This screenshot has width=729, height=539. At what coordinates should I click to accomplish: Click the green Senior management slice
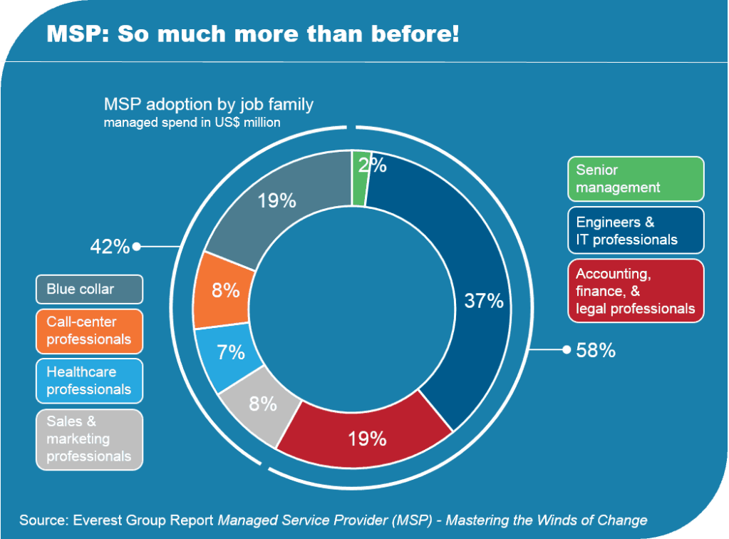361,178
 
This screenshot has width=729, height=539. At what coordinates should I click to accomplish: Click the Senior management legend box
636,179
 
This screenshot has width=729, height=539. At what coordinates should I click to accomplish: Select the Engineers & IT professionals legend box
636,230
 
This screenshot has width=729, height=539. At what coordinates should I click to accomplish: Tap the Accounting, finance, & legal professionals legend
636,291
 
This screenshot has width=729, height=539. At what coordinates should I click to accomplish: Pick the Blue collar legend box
90,289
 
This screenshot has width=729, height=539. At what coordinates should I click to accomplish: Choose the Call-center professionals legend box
90,331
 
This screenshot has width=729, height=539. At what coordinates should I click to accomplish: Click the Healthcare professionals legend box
90,381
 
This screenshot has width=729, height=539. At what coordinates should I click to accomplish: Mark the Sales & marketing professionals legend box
90,439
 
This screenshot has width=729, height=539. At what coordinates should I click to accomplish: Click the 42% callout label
110,247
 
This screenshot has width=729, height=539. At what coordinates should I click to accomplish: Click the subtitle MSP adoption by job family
209,105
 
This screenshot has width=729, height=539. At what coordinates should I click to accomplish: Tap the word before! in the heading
425,34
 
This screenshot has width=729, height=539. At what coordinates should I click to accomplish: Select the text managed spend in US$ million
192,123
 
